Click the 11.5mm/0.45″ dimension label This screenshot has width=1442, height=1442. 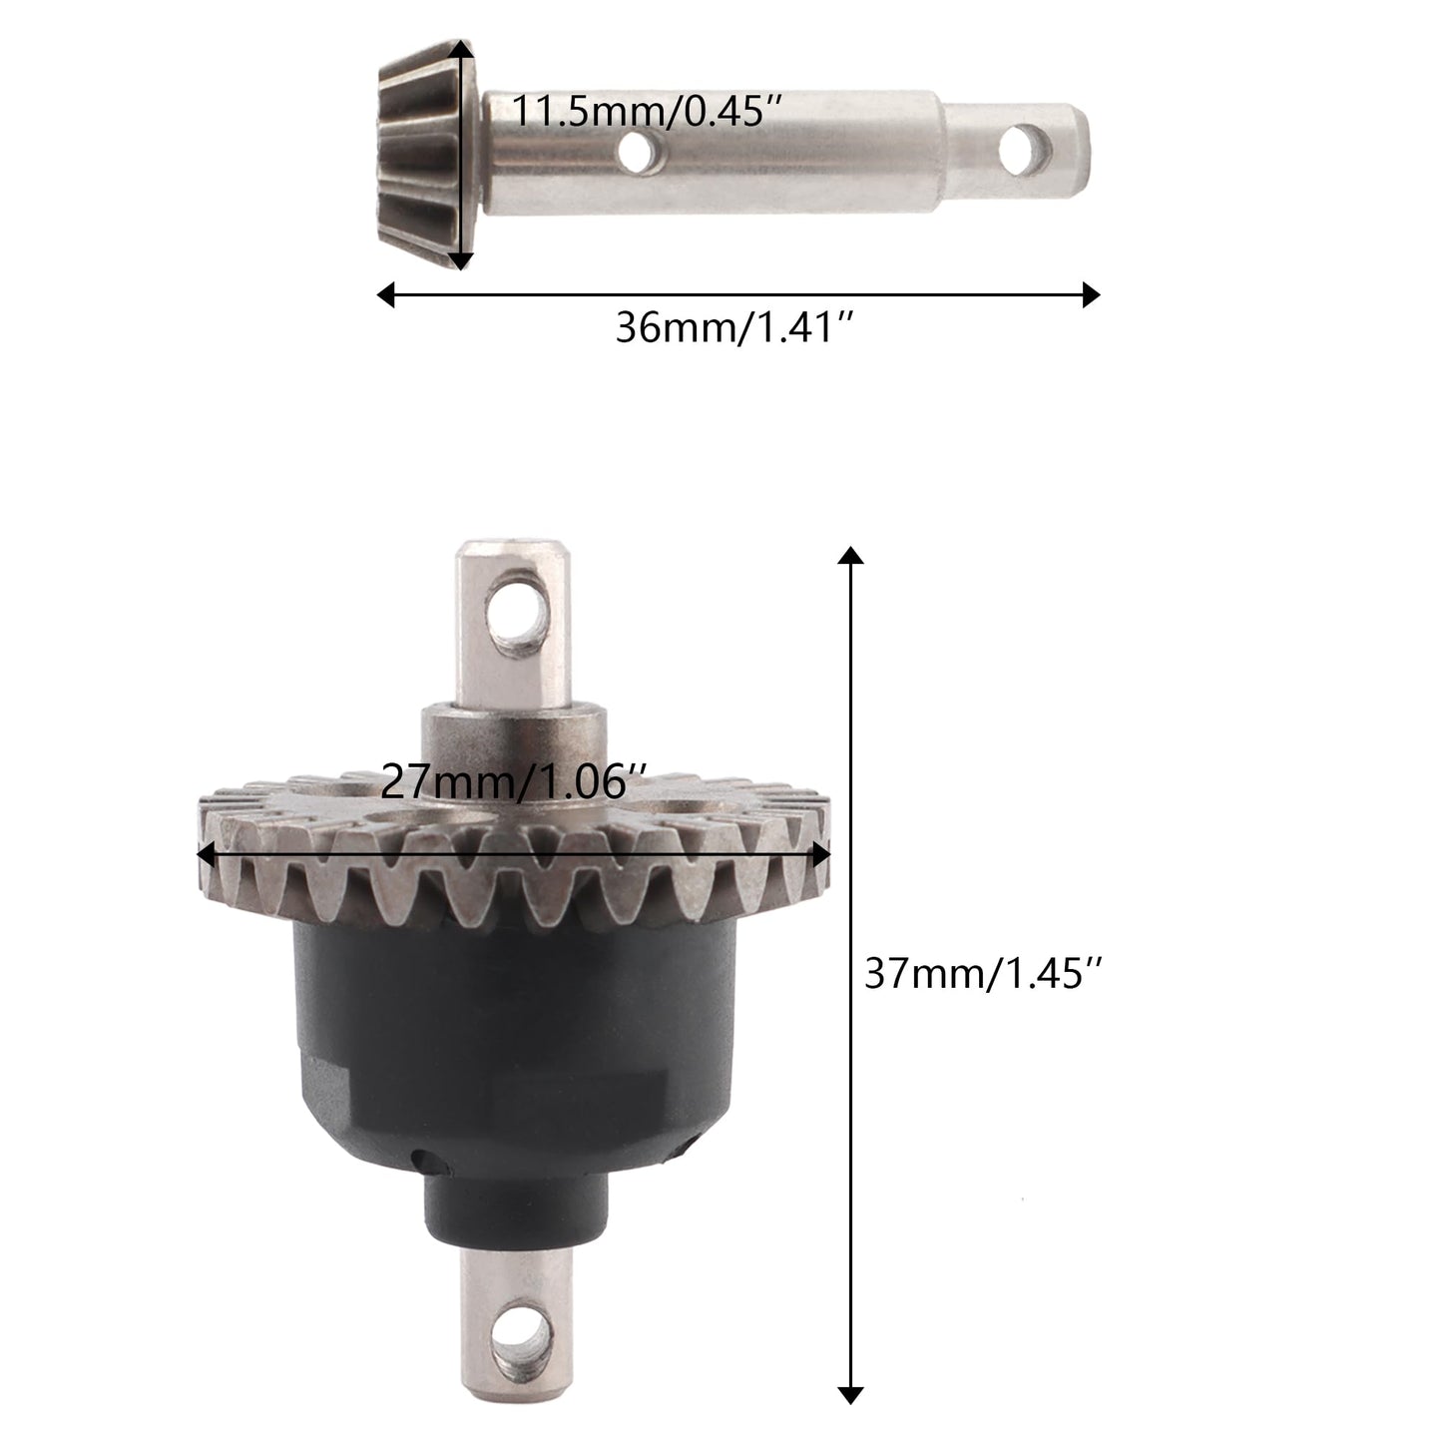(648, 112)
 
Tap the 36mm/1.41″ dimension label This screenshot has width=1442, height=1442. (734, 327)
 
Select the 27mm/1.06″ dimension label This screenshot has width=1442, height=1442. (513, 782)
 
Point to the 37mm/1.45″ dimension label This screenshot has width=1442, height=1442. (983, 974)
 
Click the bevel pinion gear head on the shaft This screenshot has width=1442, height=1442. (425, 154)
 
